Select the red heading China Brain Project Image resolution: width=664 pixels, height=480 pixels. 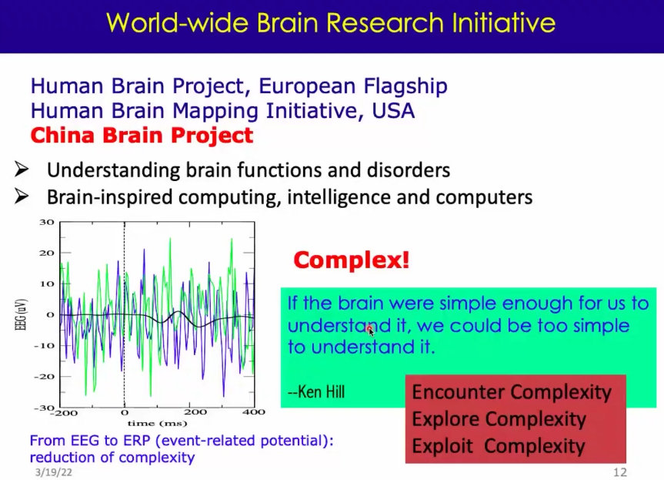[x=142, y=136]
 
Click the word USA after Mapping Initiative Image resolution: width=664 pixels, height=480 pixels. [x=393, y=111]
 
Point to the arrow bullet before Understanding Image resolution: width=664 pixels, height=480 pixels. [x=22, y=169]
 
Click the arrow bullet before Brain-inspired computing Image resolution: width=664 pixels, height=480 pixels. [x=22, y=196]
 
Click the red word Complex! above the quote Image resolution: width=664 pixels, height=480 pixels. [x=352, y=260]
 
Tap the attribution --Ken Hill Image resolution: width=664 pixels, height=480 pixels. [x=316, y=391]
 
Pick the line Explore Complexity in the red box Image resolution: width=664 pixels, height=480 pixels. [x=499, y=419]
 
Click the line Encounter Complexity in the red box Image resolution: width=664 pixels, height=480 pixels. [x=512, y=392]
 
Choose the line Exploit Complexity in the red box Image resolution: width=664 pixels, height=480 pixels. [x=499, y=446]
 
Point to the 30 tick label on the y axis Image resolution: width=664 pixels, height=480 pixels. [x=47, y=222]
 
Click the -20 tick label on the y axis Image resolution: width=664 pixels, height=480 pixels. [x=45, y=377]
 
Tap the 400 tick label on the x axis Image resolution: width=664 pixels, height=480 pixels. [x=254, y=411]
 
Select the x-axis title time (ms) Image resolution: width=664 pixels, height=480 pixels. [x=157, y=423]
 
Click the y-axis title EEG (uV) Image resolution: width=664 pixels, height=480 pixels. [x=22, y=314]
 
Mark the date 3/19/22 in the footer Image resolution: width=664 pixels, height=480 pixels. [x=53, y=472]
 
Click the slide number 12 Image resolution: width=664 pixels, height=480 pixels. [x=620, y=472]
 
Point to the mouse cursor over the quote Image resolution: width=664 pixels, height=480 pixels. [x=371, y=331]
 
